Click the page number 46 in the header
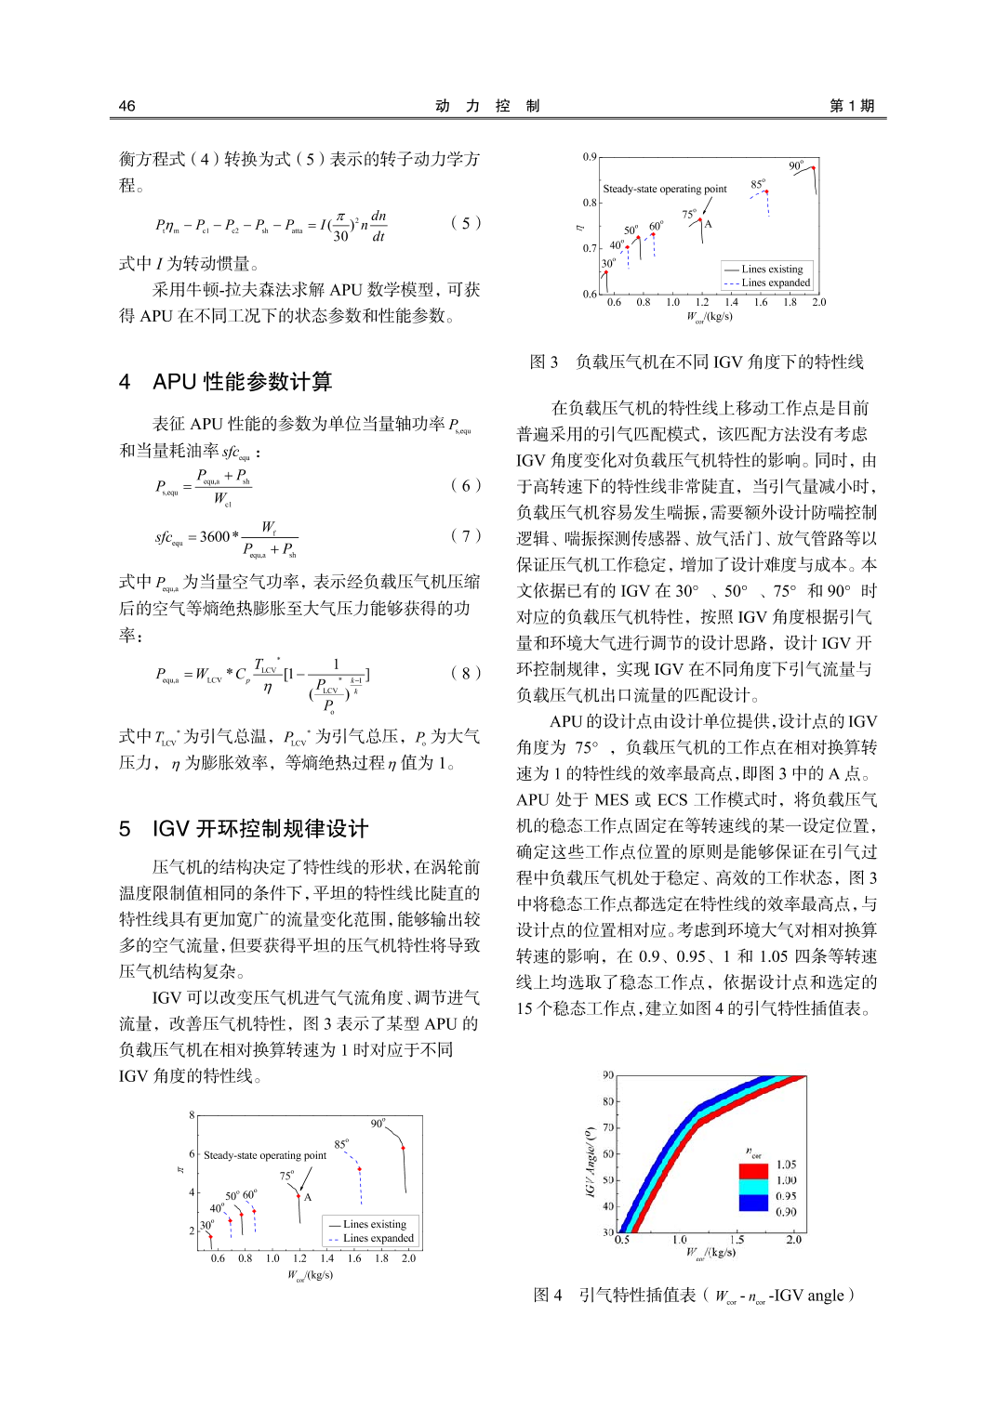[127, 106]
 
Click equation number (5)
[466, 223]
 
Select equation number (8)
[466, 673]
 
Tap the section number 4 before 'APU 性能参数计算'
[125, 382]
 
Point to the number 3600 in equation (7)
[215, 536]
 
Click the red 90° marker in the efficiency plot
[814, 168]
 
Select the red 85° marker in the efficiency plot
[766, 192]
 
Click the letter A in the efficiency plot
[709, 224]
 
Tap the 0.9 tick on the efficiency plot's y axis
[590, 157]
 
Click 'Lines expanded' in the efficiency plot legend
[776, 283]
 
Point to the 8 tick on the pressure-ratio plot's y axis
[193, 1115]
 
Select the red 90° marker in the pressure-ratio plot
[403, 1148]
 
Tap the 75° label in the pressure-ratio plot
[286, 1176]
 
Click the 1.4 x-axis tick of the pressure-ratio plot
[327, 1258]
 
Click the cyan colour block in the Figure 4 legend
[753, 1187]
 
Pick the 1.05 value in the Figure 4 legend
[787, 1165]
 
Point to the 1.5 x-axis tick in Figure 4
[737, 1240]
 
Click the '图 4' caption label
[548, 1296]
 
